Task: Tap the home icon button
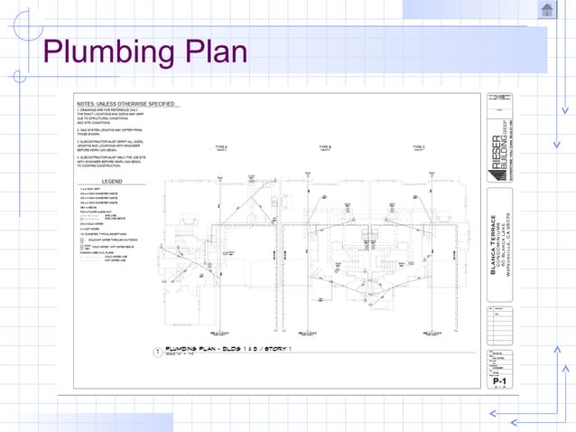tap(547, 10)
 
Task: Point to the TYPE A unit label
tap(221, 146)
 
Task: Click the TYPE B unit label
tap(325, 146)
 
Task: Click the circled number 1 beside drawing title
tap(157, 352)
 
